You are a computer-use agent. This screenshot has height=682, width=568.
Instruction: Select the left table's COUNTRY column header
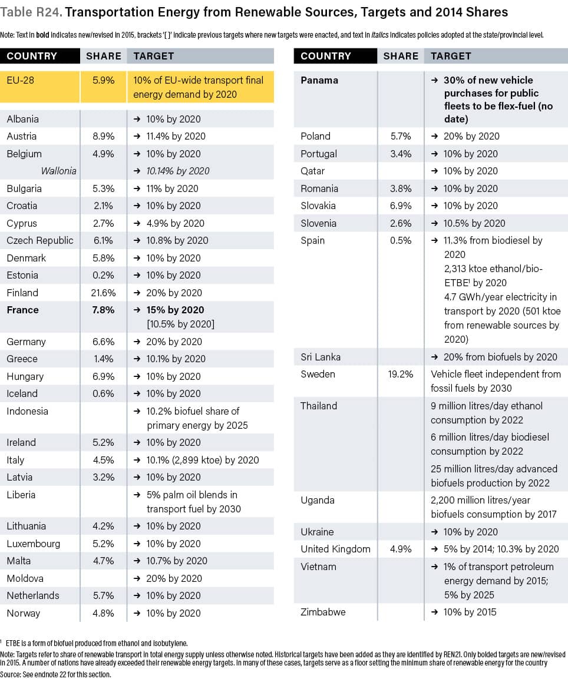32,56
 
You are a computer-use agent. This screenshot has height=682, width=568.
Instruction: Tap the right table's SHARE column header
401,56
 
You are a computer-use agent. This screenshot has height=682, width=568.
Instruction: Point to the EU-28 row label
21,80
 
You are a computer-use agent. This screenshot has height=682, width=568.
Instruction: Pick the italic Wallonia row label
59,171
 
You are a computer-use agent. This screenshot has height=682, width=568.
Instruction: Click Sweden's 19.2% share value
398,374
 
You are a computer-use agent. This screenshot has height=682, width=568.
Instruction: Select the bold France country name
22,310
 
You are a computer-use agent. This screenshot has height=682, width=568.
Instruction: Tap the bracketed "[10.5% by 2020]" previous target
180,324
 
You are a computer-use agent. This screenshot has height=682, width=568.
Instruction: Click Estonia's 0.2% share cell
103,275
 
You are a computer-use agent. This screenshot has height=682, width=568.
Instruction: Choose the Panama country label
319,80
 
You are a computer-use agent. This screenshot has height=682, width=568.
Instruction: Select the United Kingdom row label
335,549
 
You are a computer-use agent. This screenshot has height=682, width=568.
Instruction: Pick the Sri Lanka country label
321,357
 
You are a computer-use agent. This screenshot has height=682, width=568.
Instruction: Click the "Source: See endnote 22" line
55,674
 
